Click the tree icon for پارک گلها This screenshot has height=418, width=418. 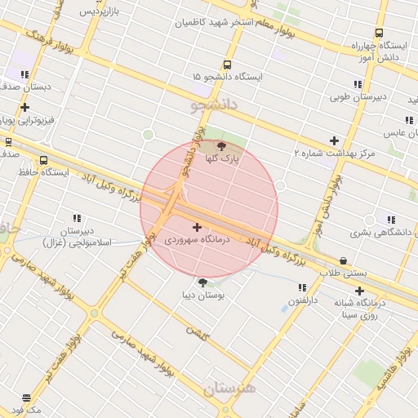coord(222,145)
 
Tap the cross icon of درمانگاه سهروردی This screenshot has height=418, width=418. coord(197,226)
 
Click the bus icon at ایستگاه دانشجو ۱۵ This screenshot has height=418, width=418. coord(226,64)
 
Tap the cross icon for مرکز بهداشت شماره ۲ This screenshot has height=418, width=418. coord(333,140)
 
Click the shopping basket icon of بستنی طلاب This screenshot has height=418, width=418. coord(343,261)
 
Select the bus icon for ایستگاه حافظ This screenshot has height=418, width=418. coord(43,161)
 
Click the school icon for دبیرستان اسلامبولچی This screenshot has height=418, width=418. coord(77,218)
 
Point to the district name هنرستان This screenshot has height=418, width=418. coord(229,389)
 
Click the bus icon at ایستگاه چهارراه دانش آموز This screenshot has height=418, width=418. coord(379,33)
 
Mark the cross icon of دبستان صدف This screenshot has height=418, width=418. coord(24,107)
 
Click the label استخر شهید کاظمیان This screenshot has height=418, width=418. coord(216,22)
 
